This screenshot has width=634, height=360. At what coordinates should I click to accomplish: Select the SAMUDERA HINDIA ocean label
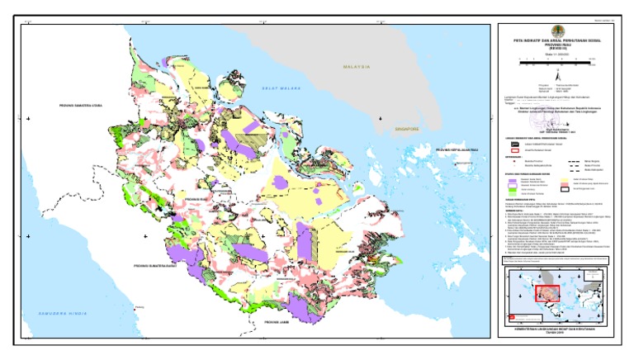(54, 315)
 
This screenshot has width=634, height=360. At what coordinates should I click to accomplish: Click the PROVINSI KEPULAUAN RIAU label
(459, 149)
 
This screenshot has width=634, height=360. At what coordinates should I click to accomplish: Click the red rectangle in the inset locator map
(546, 293)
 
